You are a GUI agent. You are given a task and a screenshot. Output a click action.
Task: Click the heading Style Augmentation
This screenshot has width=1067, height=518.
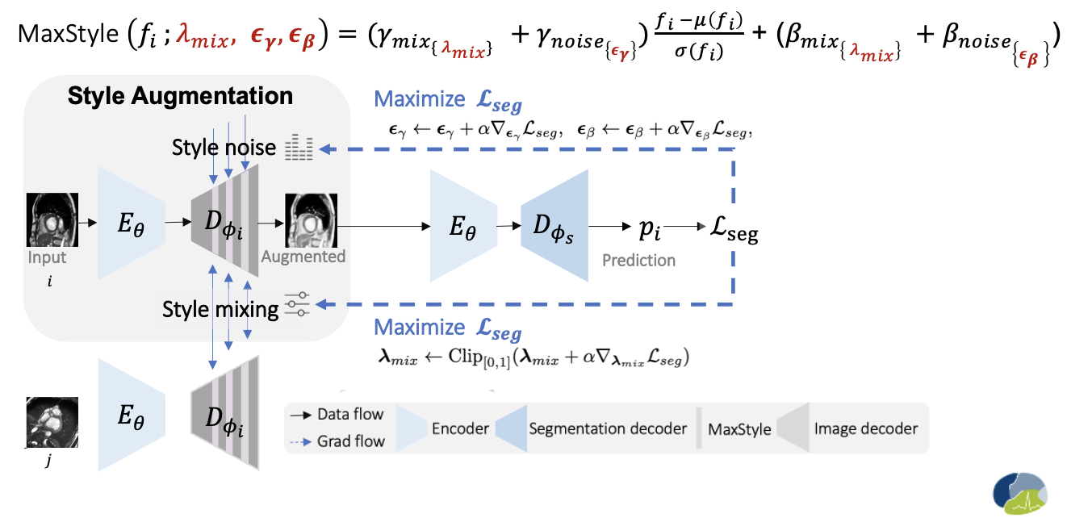[180, 96]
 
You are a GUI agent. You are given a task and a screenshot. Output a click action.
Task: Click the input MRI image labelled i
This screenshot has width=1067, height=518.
[52, 219]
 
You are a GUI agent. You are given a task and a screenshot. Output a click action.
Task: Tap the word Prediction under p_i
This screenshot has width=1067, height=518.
[638, 261]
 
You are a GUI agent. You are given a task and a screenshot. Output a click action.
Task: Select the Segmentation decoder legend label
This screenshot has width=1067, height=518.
[607, 428]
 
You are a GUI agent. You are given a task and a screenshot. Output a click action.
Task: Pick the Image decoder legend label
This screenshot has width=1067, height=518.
[865, 428]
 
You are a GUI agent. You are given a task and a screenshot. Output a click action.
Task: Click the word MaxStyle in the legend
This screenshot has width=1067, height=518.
[739, 428]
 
